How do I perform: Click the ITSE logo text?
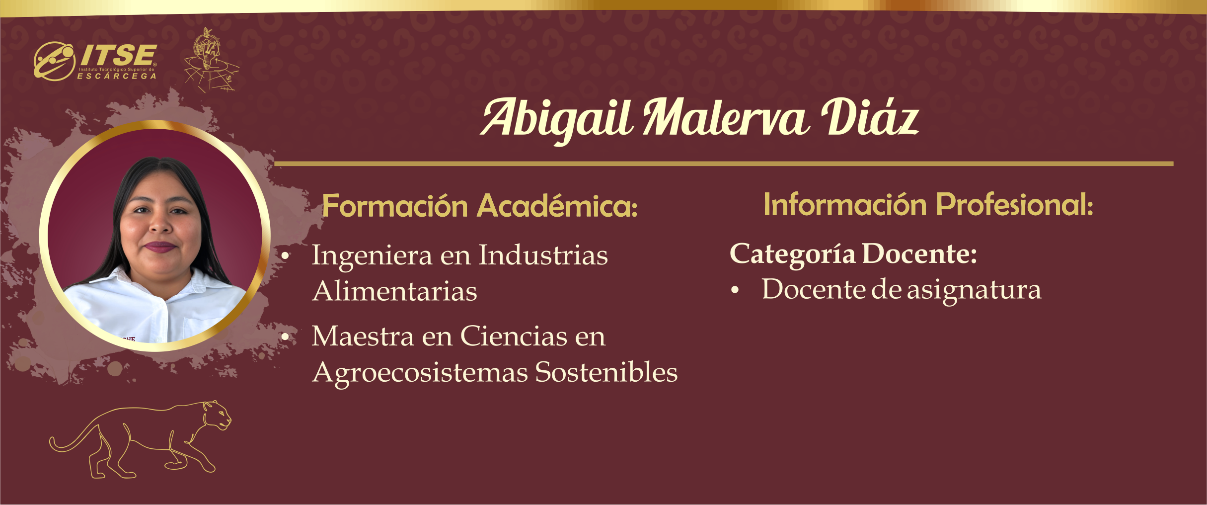118,55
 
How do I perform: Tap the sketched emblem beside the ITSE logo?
212,61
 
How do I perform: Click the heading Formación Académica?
480,206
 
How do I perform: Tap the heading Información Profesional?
928,204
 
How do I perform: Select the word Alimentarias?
395,291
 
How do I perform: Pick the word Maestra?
363,337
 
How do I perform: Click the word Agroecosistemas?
420,373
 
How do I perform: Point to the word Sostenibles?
606,372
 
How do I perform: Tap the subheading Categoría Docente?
853,254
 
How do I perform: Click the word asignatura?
974,291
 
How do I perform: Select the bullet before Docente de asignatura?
735,291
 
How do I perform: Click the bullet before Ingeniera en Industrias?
285,256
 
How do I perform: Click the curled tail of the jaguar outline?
65,442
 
